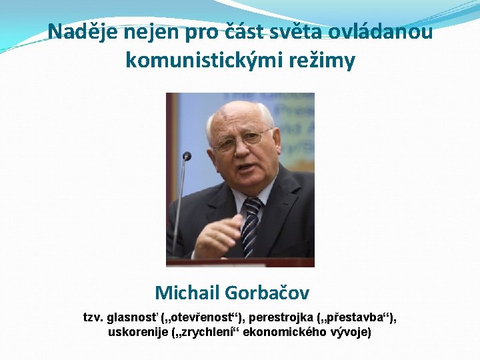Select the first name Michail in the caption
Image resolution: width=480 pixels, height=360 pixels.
point(187,292)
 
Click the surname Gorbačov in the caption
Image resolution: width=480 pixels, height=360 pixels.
point(267,292)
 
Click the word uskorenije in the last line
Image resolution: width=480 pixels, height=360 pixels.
point(137,331)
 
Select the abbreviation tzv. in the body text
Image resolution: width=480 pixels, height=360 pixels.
point(93,317)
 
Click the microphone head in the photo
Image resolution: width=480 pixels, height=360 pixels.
point(187,156)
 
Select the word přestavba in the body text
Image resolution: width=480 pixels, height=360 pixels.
point(361,317)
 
